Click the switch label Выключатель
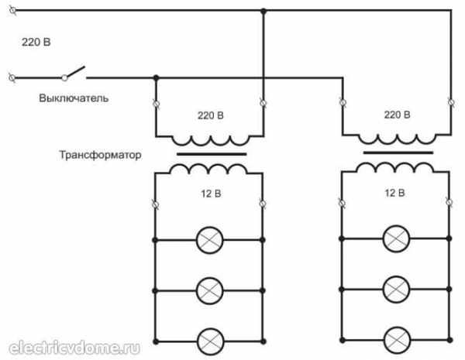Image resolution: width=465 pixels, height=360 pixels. [x=74, y=98]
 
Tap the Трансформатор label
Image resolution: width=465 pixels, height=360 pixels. [x=100, y=155]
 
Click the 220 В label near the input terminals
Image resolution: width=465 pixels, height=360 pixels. [x=36, y=42]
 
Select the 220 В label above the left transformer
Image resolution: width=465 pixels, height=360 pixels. [x=211, y=115]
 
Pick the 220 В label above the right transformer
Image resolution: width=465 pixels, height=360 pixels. [x=397, y=115]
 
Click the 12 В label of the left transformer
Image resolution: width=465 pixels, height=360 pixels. [x=211, y=194]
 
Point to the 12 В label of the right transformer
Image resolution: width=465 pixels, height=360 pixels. [x=394, y=194]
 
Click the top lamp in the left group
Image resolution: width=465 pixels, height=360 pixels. [x=210, y=240]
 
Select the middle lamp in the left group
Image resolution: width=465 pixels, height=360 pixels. [x=210, y=291]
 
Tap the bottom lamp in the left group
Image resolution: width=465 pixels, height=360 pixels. [x=210, y=341]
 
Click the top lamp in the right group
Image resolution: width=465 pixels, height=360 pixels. [x=397, y=238]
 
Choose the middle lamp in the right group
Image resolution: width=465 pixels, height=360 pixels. [x=397, y=290]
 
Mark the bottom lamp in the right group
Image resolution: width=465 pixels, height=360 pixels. [x=397, y=341]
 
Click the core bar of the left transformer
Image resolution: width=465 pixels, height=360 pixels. [x=212, y=154]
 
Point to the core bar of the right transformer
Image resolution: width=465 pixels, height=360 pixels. [x=398, y=153]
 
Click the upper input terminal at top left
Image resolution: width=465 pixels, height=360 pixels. [x=13, y=10]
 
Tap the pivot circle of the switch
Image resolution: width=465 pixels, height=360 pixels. [x=64, y=78]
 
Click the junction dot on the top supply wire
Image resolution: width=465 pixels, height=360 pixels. [x=263, y=12]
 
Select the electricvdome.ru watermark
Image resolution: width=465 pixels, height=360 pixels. [x=74, y=348]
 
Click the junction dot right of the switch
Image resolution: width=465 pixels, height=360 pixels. [x=157, y=78]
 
